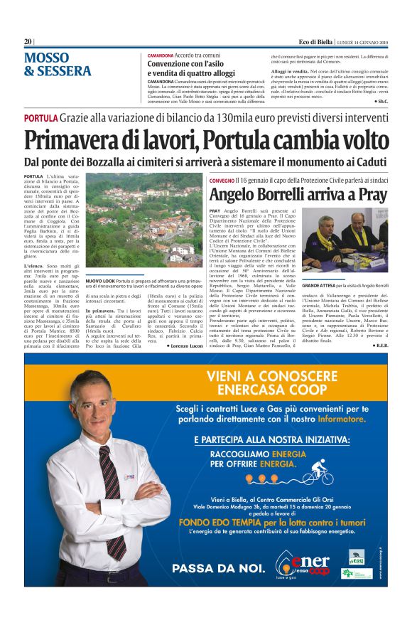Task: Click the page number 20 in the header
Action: [28, 42]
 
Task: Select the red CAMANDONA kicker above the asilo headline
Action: [161, 55]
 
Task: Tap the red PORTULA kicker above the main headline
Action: [40, 117]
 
